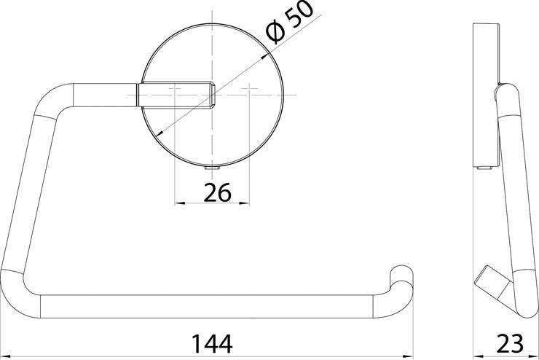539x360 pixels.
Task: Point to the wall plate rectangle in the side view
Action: click(x=485, y=95)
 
